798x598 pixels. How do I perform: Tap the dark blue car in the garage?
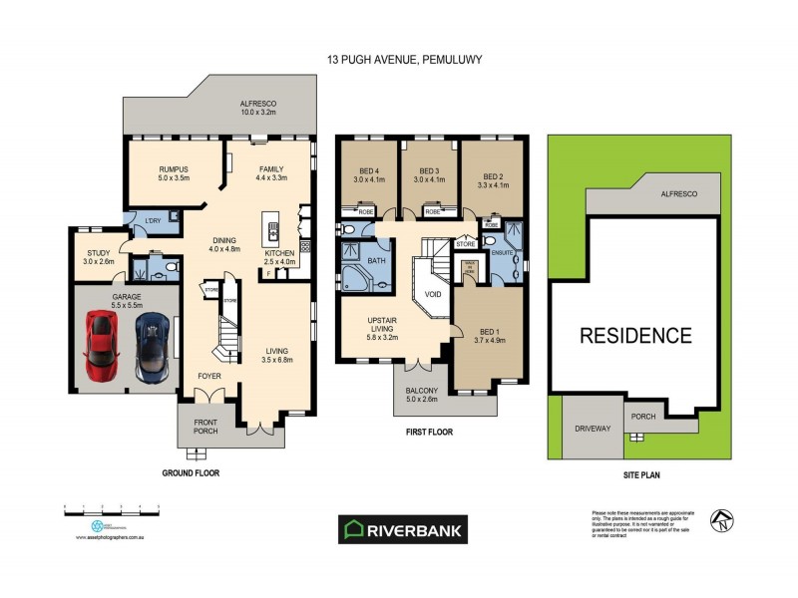(x=153, y=345)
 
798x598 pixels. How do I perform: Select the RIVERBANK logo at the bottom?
(x=404, y=530)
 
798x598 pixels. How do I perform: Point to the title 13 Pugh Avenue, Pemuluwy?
(x=404, y=60)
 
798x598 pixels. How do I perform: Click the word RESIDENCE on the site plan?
(x=634, y=335)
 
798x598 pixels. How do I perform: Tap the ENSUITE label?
(x=502, y=252)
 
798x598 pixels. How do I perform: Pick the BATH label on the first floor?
(x=376, y=261)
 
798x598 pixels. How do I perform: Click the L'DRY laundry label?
(x=154, y=219)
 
